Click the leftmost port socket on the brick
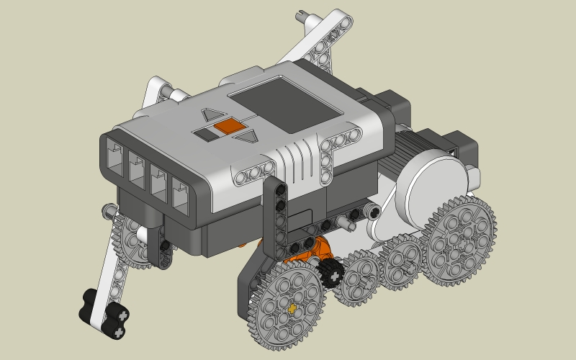click(116, 155)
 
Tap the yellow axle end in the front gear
click(292, 307)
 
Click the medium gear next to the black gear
click(360, 277)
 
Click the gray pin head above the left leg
click(108, 210)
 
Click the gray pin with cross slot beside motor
click(372, 210)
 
